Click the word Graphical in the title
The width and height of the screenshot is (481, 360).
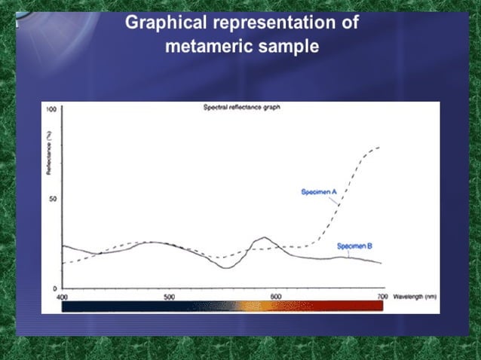tap(161, 23)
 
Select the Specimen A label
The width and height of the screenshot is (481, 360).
tap(319, 193)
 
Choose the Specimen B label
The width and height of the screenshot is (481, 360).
tap(353, 246)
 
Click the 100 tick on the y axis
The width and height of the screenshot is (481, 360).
tap(51, 110)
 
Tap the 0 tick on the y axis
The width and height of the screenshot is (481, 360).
tap(55, 288)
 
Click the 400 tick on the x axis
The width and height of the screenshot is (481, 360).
tap(62, 297)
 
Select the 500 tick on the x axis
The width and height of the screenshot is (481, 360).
tap(169, 297)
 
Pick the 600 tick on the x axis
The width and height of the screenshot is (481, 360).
tap(276, 297)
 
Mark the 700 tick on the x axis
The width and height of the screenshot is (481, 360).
tap(382, 297)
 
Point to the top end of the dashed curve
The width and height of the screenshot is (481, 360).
tap(379, 147)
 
